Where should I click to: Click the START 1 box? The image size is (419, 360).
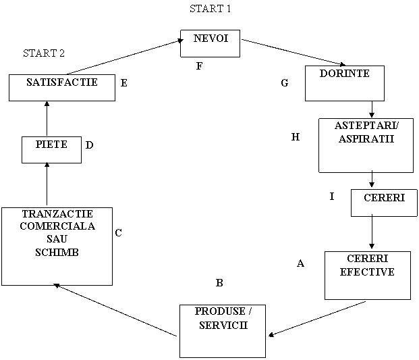210,14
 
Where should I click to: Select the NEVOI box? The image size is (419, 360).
210,43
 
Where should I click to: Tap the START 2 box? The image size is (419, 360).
43,57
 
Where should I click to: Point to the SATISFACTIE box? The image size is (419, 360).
62,88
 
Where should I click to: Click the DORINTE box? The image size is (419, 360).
344,83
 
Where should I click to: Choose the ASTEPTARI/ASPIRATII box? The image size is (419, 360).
366,145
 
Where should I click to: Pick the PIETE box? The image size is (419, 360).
51,150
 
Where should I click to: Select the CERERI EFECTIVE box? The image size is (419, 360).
367,275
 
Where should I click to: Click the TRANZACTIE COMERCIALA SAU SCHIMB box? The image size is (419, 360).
57,246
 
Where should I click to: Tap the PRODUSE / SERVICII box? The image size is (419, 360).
222,330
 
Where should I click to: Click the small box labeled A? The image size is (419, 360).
309,269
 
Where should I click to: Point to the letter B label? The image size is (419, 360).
219,283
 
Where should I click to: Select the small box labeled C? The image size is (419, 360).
125,240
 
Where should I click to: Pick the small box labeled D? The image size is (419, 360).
96,152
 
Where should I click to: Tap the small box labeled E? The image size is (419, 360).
132,90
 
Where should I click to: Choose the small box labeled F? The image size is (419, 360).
206,71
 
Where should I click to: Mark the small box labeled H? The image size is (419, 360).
304,144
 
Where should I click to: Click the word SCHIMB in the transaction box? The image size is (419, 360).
57,252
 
